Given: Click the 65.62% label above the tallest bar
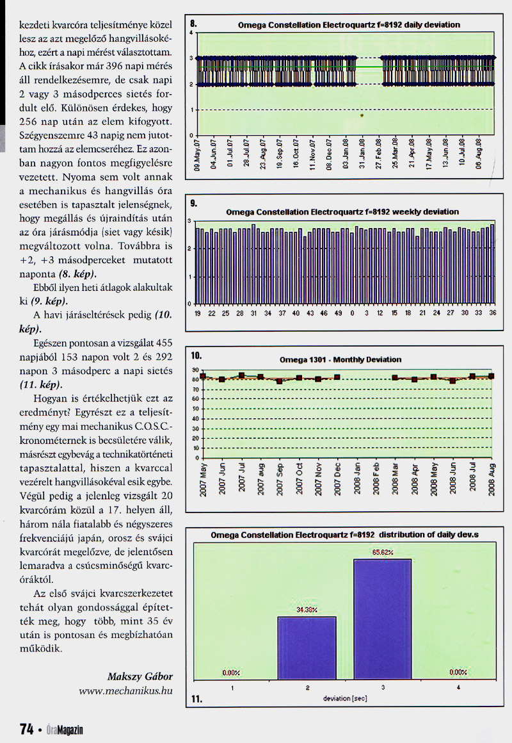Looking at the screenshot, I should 382,551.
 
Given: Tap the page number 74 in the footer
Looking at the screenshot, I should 26,729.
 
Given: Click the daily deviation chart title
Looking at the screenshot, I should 348,25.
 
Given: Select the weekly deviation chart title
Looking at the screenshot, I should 342,211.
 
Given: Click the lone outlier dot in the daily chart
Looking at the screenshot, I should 362,116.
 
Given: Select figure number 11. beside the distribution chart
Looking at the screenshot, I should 196,699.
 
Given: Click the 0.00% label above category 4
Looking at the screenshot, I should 458,673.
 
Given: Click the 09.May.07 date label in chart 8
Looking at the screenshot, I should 198,154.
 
